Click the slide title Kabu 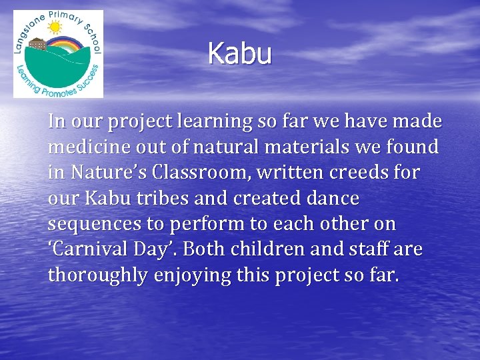[x=240, y=54]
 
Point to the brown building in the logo [x=38, y=45]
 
